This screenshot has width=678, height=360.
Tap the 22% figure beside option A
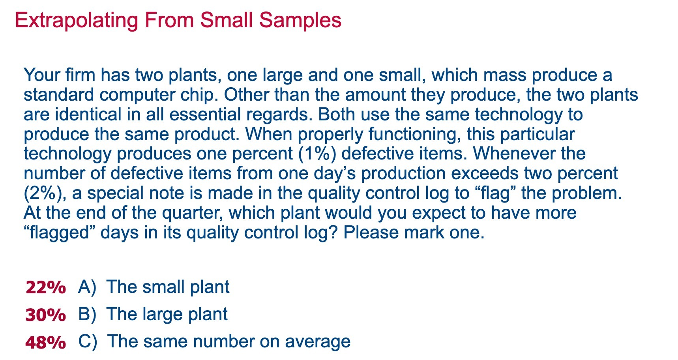45,288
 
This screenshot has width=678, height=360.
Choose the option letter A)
87,287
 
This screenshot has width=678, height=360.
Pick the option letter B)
87,314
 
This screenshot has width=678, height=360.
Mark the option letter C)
87,341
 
